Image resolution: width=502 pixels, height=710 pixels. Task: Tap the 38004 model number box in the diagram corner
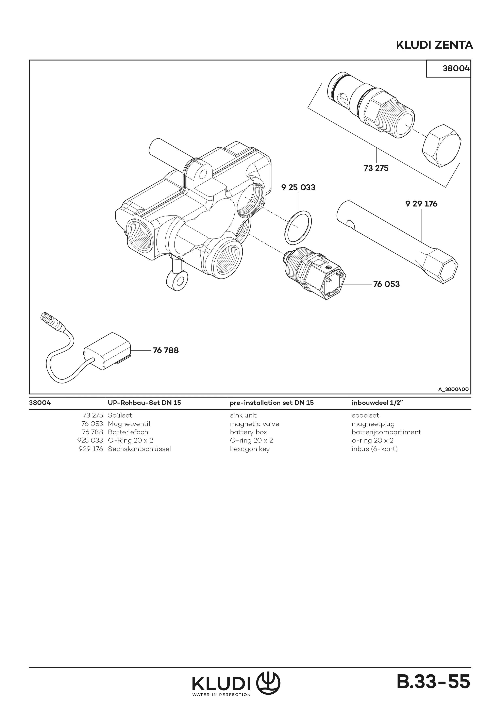tap(456, 68)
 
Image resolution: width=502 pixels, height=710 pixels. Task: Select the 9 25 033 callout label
tap(298, 187)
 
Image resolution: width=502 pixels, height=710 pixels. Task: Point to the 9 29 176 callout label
tap(421, 204)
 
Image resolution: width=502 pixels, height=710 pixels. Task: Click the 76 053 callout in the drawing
tap(386, 284)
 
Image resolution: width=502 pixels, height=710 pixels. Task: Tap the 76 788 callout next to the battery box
tap(166, 350)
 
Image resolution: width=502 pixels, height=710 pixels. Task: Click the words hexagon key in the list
tap(250, 449)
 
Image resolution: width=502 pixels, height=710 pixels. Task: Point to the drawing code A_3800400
tap(453, 389)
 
